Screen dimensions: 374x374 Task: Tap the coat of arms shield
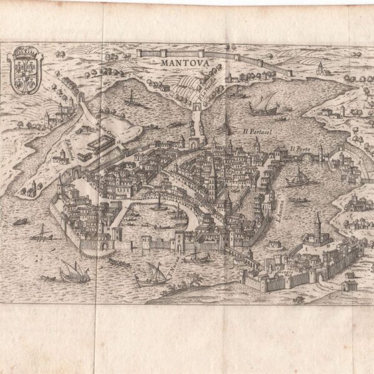(25, 67)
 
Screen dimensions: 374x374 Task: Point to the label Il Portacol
(255, 132)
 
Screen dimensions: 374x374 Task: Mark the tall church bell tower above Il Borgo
(317, 228)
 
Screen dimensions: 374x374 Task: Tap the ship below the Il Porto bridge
(298, 179)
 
